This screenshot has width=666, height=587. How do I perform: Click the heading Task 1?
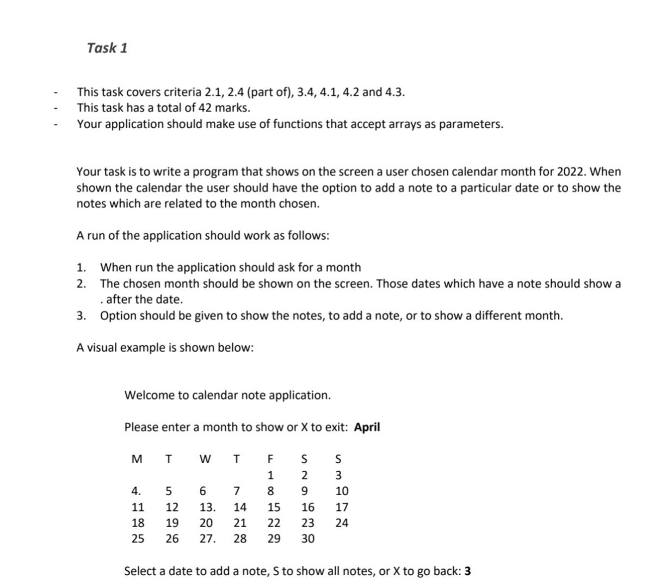coord(107,48)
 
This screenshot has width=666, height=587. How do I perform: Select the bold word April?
coord(367,427)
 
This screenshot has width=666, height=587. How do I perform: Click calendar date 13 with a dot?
coord(207,508)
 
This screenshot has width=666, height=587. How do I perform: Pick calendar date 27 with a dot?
coord(207,539)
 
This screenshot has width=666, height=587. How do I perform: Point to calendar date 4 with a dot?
coord(136,491)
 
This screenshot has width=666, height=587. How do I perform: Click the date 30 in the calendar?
coord(307,539)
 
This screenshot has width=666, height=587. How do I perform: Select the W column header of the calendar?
coord(205,459)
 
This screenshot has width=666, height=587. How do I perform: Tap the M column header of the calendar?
coord(137,459)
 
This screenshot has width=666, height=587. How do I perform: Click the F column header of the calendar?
coord(270,459)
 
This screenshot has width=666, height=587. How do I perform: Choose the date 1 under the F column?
coord(270,476)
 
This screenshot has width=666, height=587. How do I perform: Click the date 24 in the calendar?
coord(342,523)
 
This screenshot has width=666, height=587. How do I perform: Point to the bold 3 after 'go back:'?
coord(468,571)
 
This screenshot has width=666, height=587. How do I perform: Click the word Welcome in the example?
coord(143,395)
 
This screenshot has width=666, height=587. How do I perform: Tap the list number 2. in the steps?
coord(81,284)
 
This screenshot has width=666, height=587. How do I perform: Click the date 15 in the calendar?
coord(274,508)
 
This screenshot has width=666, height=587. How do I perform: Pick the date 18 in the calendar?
coord(138,523)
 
